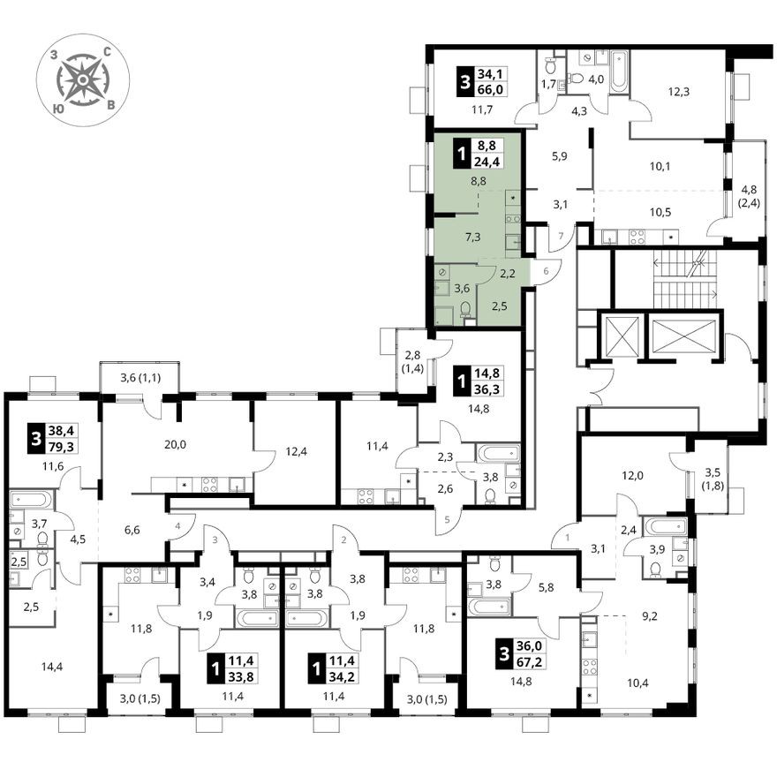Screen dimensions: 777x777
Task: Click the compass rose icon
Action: point(83,79)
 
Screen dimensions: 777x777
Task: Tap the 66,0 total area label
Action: point(490,89)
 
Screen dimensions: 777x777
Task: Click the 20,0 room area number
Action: point(175,444)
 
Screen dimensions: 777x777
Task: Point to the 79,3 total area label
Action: point(61,447)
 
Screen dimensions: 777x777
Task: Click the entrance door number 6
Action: point(546,271)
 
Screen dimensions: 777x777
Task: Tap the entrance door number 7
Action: point(562,236)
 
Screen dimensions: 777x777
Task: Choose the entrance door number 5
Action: point(447,520)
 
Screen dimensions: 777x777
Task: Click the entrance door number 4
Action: point(177,525)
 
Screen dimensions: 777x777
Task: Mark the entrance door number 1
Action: point(568,537)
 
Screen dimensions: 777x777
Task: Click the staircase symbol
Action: point(685,279)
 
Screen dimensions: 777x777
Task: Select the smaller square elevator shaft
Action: point(621,336)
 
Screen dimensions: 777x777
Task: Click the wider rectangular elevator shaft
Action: point(683,336)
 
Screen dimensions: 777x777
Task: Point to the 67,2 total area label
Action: point(529,662)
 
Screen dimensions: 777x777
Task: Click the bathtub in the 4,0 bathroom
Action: point(619,71)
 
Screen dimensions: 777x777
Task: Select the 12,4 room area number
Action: point(297,452)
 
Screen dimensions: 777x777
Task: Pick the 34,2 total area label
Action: point(342,676)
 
